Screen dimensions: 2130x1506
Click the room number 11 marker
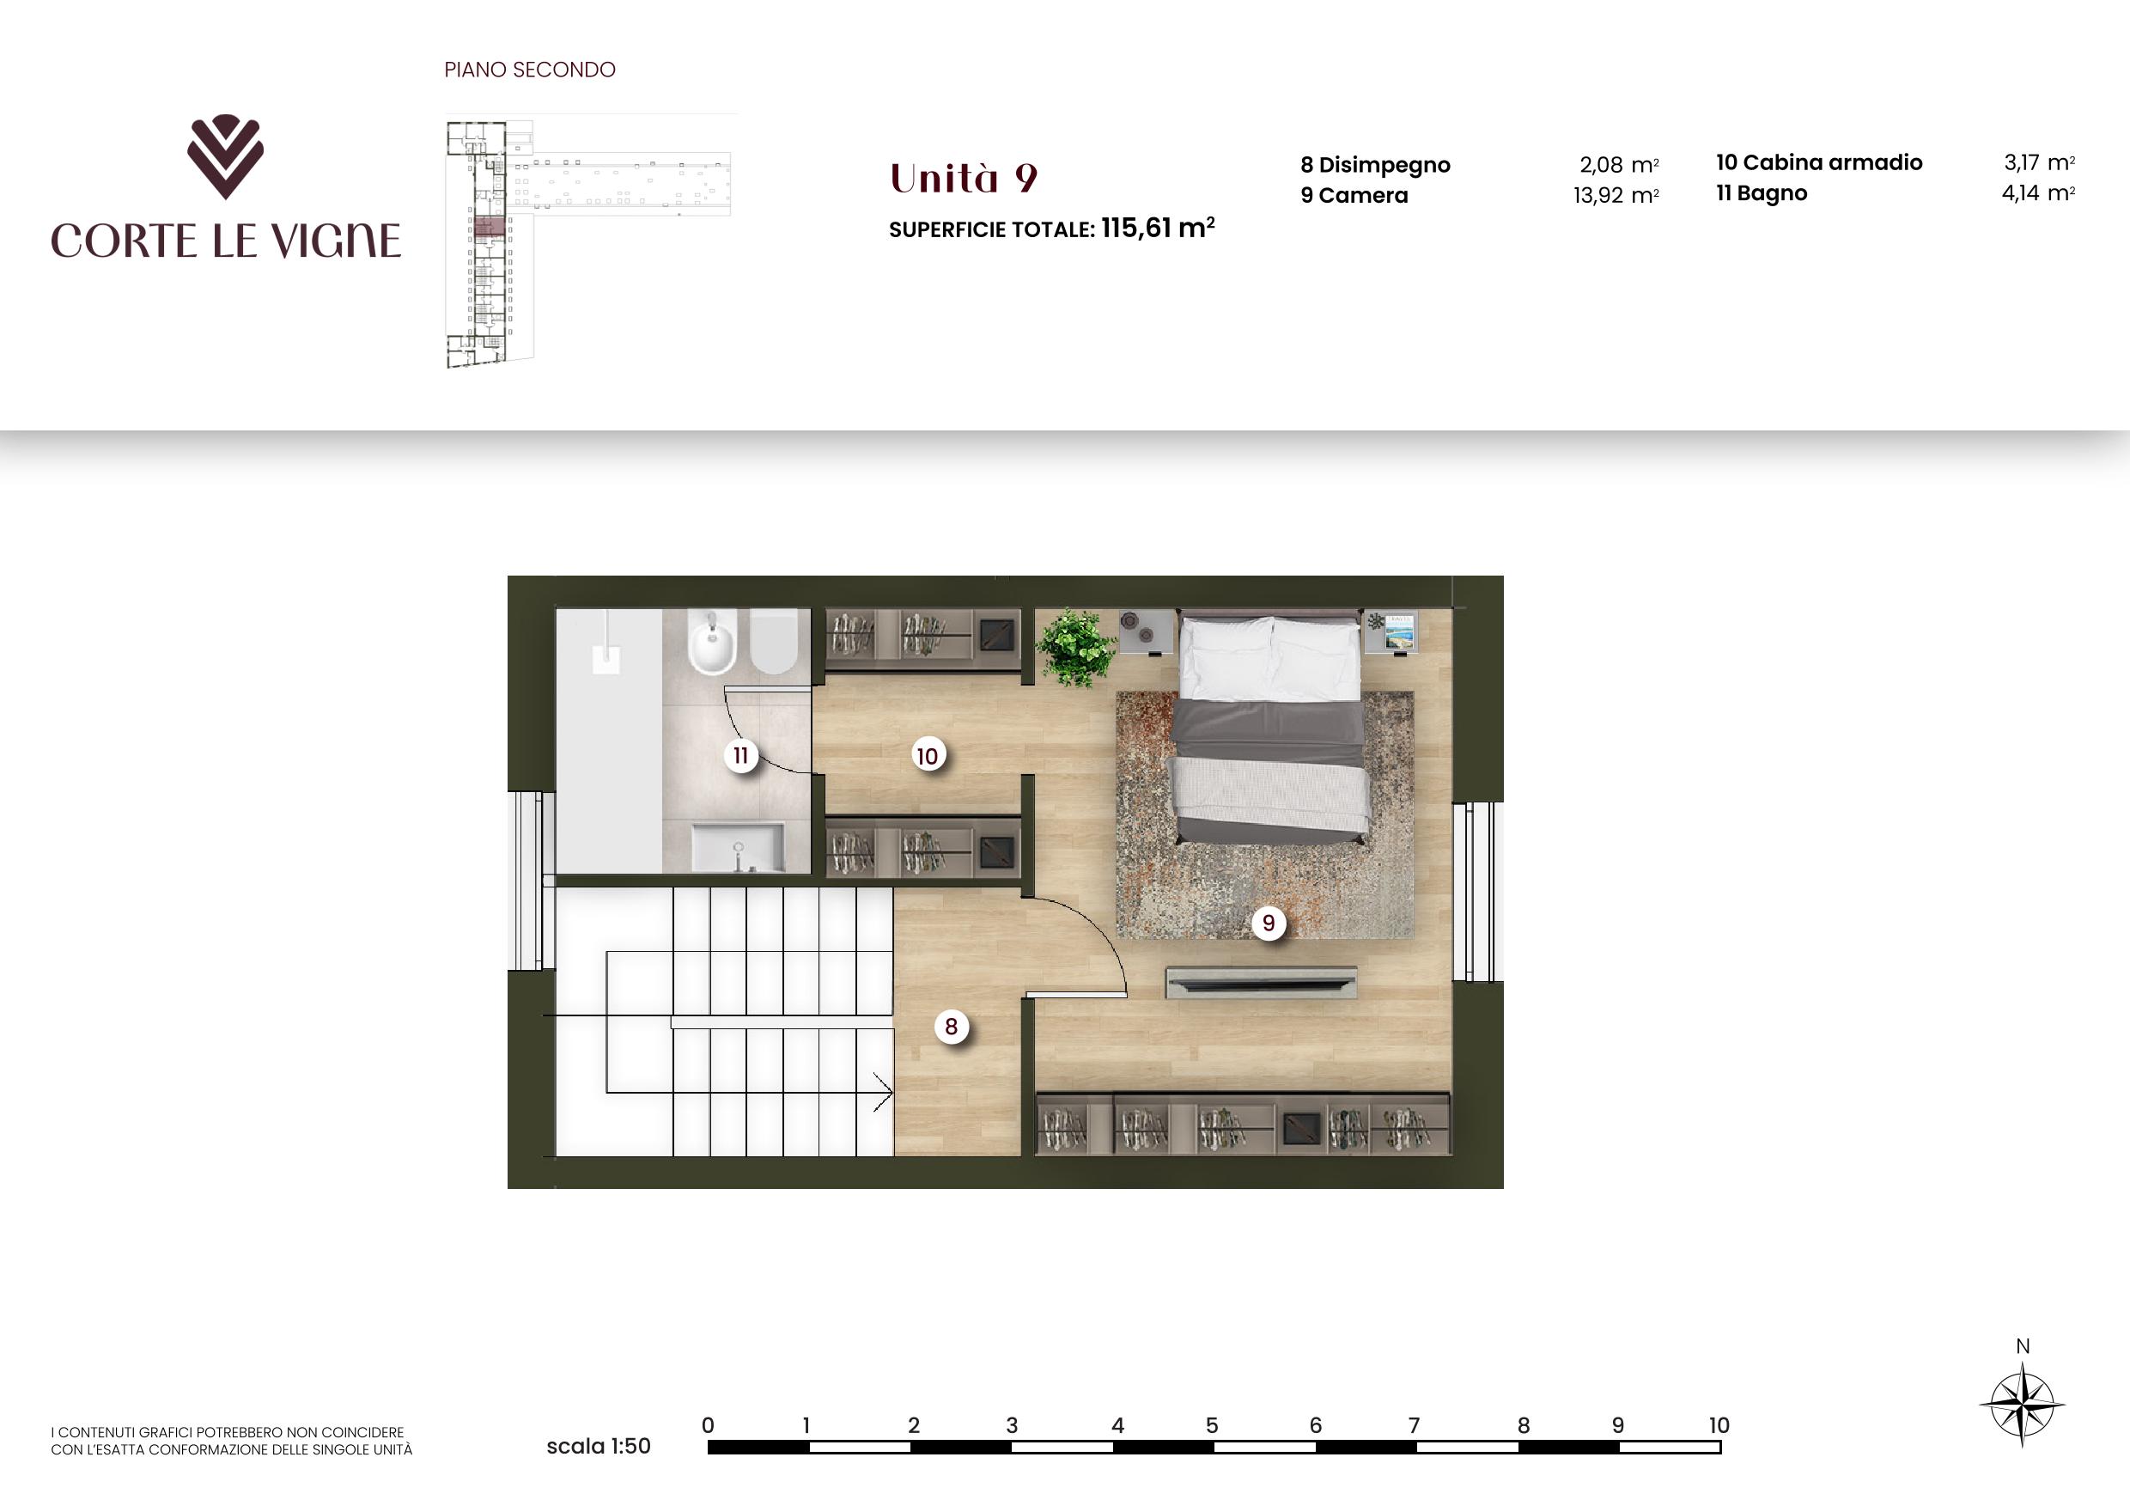pyautogui.click(x=740, y=755)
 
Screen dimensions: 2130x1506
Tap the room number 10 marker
pyautogui.click(x=927, y=756)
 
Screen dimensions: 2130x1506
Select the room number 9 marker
pyautogui.click(x=1269, y=924)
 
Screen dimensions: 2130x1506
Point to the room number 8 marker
pyautogui.click(x=951, y=1027)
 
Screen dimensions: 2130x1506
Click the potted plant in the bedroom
pyautogui.click(x=1075, y=647)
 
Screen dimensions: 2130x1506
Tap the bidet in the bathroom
pyautogui.click(x=711, y=640)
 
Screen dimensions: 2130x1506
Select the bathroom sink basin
pyautogui.click(x=738, y=848)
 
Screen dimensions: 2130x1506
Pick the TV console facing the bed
pyautogui.click(x=1261, y=983)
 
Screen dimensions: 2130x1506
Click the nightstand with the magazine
pyautogui.click(x=1391, y=632)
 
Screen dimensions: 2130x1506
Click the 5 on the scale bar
pyautogui.click(x=1212, y=1425)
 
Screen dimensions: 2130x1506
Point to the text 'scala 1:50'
pyautogui.click(x=599, y=1446)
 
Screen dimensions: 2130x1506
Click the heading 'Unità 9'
pyautogui.click(x=963, y=178)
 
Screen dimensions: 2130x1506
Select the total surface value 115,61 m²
pyautogui.click(x=1158, y=228)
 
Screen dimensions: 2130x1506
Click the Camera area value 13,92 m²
pyautogui.click(x=1616, y=195)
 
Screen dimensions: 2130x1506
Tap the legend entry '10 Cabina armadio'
pyautogui.click(x=1819, y=162)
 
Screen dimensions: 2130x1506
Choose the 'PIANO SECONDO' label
pyautogui.click(x=530, y=70)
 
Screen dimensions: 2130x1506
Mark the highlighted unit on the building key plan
pyautogui.click(x=490, y=227)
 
